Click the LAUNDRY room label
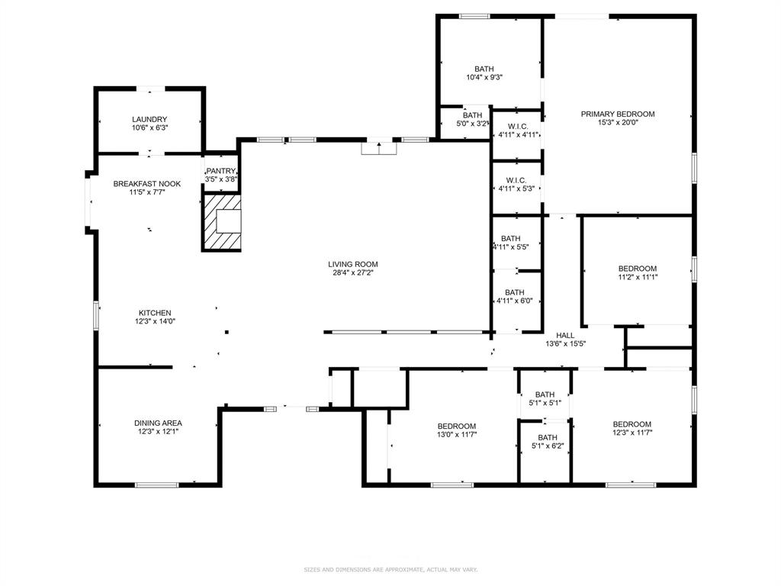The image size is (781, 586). [149, 119]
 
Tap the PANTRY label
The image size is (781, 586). [221, 171]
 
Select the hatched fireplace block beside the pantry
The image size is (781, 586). [222, 222]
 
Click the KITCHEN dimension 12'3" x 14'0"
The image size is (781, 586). [155, 321]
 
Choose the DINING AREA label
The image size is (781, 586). [158, 423]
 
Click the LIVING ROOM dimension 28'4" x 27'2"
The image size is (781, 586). [352, 272]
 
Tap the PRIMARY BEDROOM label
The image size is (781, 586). [618, 114]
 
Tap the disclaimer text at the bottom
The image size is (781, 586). [390, 569]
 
